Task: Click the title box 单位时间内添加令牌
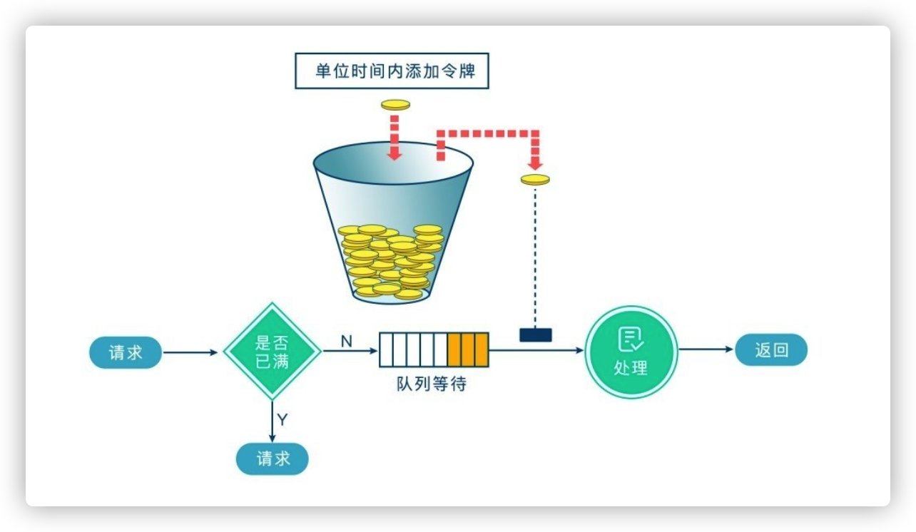point(392,72)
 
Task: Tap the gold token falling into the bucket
point(395,105)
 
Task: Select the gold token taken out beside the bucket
point(535,179)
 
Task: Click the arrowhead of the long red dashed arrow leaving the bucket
point(535,160)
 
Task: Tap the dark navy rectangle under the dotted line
point(535,334)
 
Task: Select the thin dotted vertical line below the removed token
point(535,257)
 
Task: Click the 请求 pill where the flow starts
point(126,352)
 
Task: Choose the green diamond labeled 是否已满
point(272,351)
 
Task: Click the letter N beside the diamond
point(346,342)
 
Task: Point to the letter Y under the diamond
point(283,419)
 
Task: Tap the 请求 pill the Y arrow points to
point(273,459)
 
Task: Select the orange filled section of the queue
point(468,349)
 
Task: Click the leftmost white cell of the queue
point(386,349)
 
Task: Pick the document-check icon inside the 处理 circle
point(631,339)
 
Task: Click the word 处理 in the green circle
point(631,368)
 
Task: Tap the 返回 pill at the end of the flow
point(771,350)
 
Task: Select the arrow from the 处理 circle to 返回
point(706,349)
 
